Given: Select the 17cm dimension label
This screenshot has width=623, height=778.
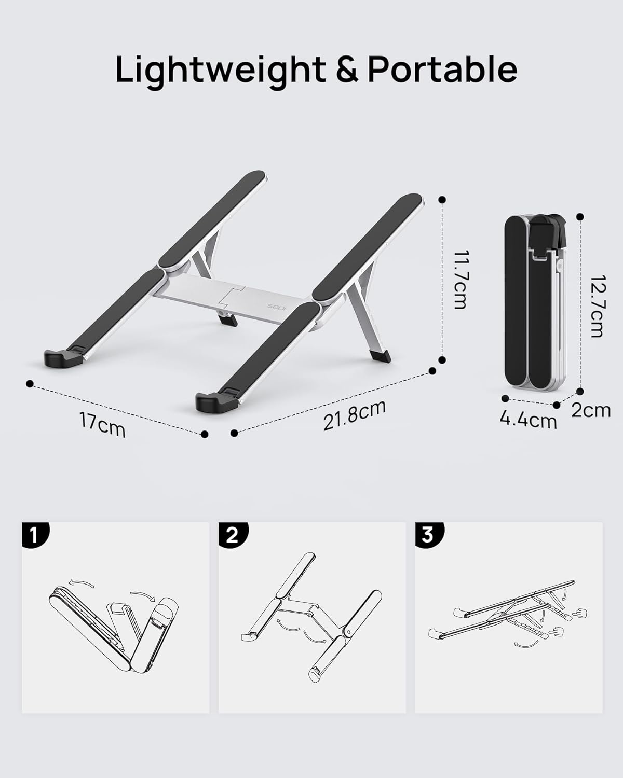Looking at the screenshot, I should click(x=102, y=424).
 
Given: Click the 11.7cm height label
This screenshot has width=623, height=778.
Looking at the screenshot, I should click(x=460, y=280).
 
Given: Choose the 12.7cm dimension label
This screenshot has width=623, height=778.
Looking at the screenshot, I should click(x=597, y=305).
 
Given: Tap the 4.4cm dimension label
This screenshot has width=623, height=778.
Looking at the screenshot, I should click(x=528, y=419).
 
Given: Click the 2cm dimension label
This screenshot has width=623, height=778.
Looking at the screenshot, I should click(x=591, y=410).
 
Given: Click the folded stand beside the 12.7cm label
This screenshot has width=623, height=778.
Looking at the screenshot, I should click(x=535, y=301).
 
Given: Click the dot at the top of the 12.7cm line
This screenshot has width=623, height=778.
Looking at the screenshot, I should click(x=580, y=216).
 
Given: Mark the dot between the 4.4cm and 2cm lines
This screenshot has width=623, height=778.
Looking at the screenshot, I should click(x=557, y=404).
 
